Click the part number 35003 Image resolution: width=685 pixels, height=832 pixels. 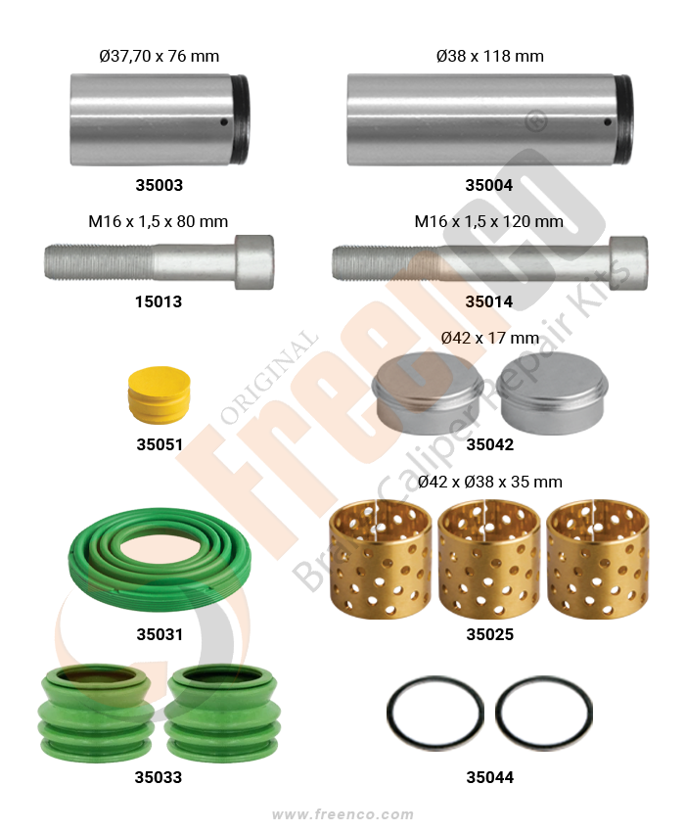click(x=160, y=185)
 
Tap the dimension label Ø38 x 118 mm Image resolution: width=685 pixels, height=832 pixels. click(x=489, y=56)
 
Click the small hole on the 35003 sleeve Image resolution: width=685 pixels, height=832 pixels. click(x=224, y=122)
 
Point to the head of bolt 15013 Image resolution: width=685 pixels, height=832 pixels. click(x=254, y=262)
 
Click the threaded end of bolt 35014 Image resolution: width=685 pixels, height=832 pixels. click(x=372, y=262)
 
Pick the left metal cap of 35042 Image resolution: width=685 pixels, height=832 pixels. click(x=428, y=393)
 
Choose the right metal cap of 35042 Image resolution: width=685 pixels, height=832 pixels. click(x=552, y=393)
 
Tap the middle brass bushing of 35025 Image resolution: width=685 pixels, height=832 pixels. click(x=488, y=559)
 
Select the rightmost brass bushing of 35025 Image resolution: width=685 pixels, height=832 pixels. click(x=598, y=559)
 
